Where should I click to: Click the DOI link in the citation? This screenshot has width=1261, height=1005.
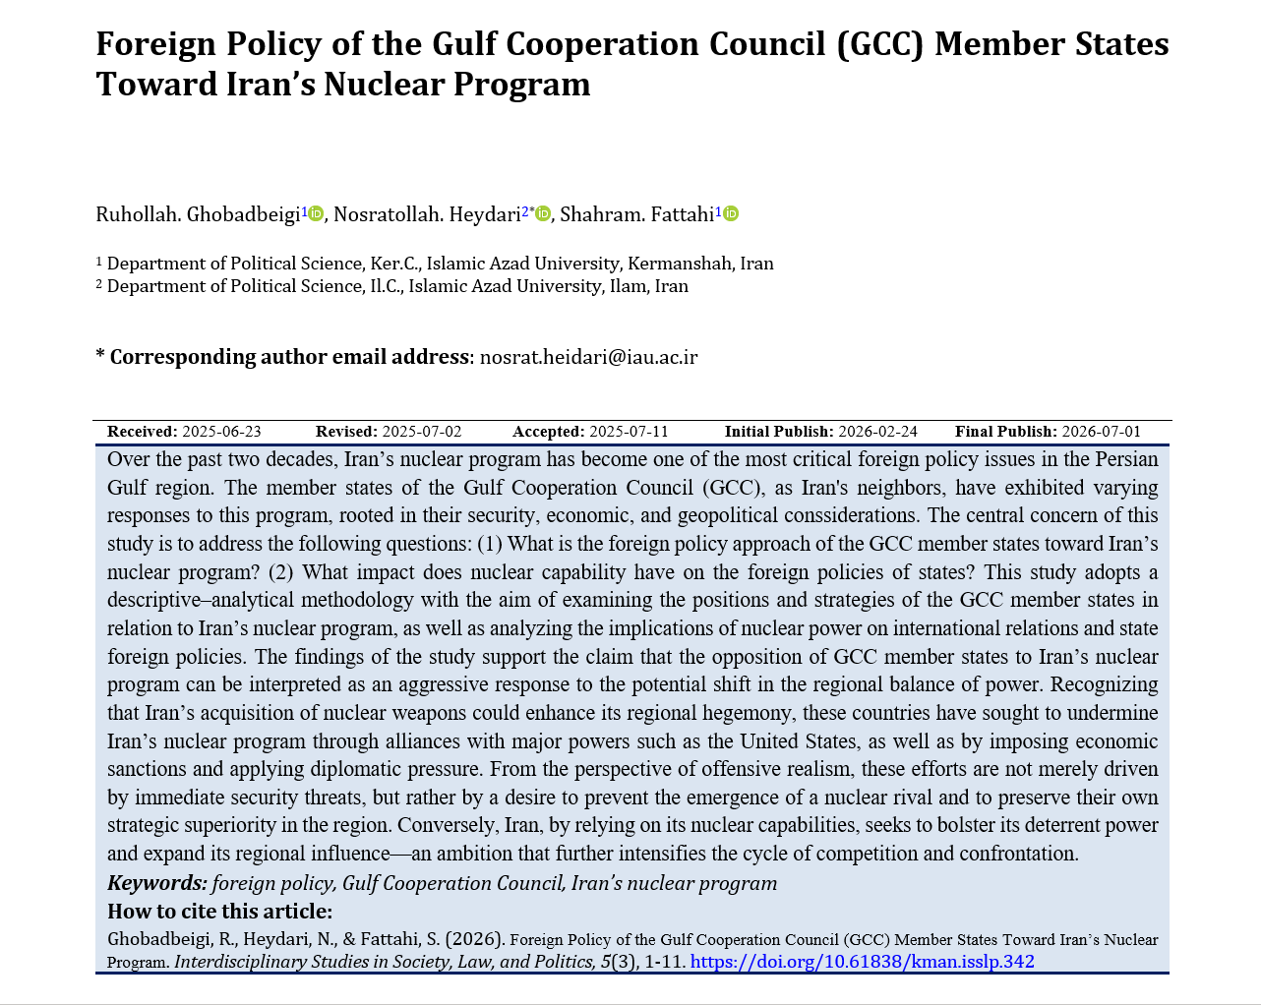[x=862, y=962]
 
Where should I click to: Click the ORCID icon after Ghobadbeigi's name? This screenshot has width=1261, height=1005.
[x=316, y=213]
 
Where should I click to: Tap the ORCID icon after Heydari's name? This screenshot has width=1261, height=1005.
[x=543, y=213]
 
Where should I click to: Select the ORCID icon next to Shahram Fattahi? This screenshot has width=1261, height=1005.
[x=731, y=213]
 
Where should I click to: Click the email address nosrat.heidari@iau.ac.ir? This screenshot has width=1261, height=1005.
[x=588, y=357]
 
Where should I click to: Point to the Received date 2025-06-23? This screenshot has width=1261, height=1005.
[x=221, y=432]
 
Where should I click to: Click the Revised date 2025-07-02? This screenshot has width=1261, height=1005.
[x=421, y=432]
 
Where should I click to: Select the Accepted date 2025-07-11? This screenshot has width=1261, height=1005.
[x=629, y=432]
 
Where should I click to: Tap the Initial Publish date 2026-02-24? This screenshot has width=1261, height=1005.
[x=877, y=432]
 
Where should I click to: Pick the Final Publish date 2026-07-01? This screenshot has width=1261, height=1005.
[x=1101, y=432]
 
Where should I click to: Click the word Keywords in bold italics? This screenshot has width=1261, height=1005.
[x=157, y=883]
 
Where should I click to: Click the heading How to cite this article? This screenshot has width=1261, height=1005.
[x=219, y=912]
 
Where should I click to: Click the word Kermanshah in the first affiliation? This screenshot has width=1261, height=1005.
[x=681, y=264]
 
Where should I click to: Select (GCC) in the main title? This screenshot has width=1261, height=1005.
[x=879, y=44]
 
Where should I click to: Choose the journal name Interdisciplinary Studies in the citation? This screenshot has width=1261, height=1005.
[x=259, y=962]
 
